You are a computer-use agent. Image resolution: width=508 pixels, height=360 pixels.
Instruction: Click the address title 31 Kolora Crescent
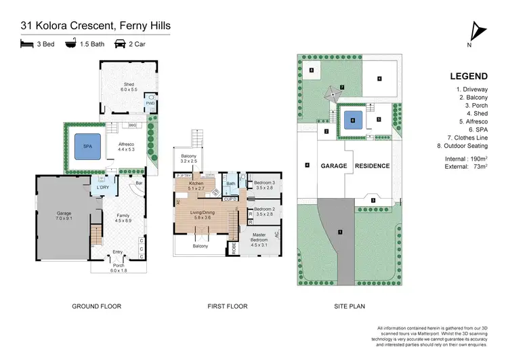(x=94, y=26)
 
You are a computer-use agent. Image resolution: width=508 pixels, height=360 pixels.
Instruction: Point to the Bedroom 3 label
(x=264, y=184)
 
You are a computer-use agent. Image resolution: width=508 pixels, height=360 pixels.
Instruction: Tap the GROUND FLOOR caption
(x=96, y=306)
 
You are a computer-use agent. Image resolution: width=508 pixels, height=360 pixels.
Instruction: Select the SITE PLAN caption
(x=350, y=306)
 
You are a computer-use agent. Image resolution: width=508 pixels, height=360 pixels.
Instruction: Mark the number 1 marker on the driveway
(x=340, y=233)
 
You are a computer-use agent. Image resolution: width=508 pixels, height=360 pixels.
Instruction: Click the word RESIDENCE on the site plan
(x=373, y=166)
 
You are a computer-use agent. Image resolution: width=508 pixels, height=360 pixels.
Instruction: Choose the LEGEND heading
(x=467, y=77)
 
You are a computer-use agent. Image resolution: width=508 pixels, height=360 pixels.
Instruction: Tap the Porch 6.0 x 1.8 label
(x=119, y=267)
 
